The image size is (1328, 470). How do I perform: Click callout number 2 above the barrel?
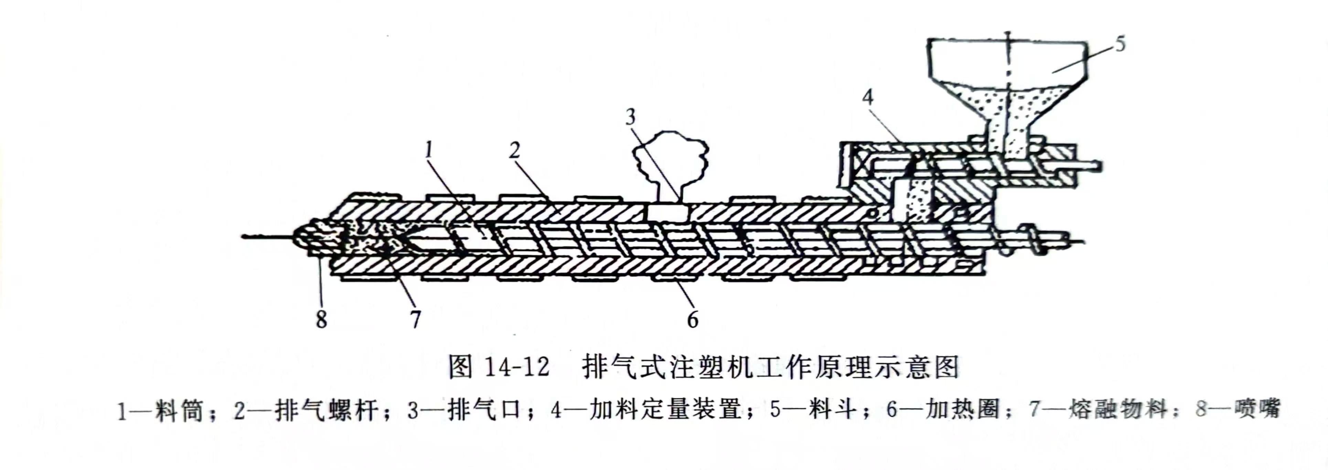point(514,150)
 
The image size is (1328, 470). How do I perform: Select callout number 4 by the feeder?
point(868,97)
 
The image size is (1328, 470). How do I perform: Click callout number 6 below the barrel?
point(692,320)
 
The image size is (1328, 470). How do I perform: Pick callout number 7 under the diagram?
point(416,320)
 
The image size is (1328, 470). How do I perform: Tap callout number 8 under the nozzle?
point(322,320)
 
